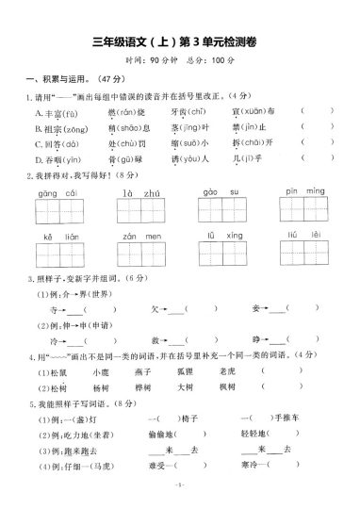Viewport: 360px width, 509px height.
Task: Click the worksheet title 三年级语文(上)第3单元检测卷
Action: tap(180, 40)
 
